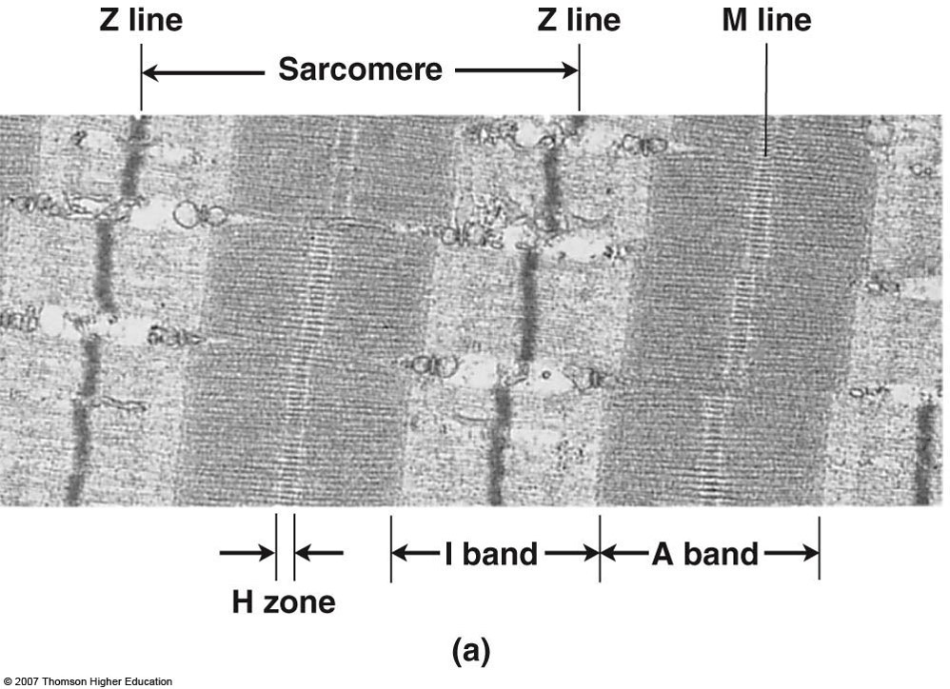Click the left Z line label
(x=141, y=20)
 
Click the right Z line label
(x=578, y=20)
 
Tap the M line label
(x=766, y=20)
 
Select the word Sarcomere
(x=360, y=69)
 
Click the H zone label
(x=284, y=601)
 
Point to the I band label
(x=491, y=553)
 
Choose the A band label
(x=704, y=553)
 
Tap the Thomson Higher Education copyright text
(x=87, y=681)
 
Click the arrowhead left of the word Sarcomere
(x=150, y=69)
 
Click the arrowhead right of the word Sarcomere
(x=569, y=69)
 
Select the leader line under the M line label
(x=766, y=95)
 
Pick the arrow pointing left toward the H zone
(x=319, y=552)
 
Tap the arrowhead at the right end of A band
(x=810, y=552)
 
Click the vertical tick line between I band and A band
(x=600, y=547)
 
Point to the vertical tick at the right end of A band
(x=819, y=547)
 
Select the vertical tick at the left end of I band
(x=390, y=547)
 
